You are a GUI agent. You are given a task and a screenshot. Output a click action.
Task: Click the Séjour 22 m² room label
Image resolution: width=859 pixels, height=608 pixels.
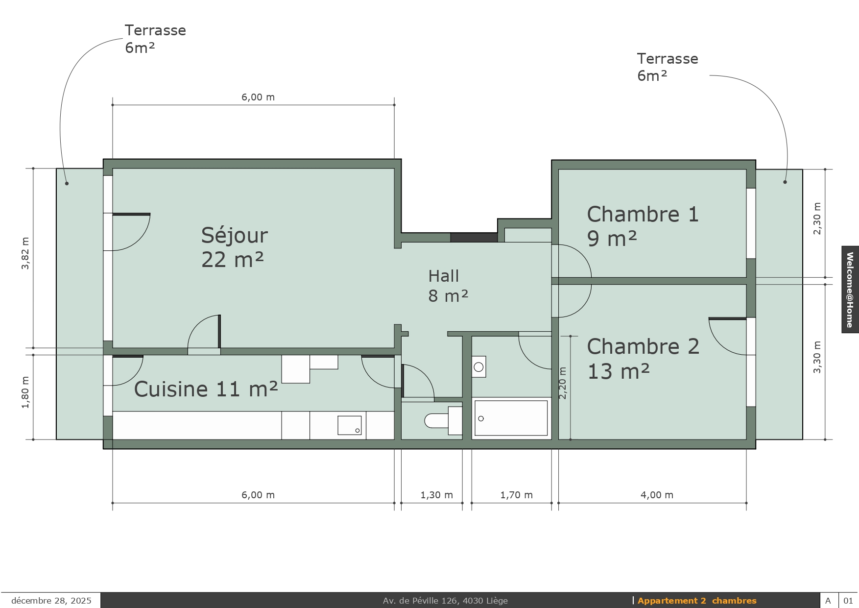tap(235, 247)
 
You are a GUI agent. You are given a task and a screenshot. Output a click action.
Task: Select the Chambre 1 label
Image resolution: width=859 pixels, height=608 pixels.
tap(643, 215)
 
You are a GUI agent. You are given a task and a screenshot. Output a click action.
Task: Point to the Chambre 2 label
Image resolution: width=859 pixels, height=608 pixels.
tap(643, 346)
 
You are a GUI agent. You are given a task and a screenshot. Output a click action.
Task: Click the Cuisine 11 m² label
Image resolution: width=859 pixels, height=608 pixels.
tap(206, 389)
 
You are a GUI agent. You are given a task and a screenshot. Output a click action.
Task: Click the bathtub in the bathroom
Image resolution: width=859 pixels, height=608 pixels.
tap(511, 418)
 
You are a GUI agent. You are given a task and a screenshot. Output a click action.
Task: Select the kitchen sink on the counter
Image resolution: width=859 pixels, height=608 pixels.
tap(350, 425)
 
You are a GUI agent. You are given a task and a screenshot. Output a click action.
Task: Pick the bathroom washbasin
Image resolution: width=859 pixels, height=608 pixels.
tap(479, 367)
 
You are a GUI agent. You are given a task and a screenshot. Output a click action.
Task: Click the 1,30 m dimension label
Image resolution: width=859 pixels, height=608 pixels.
tap(436, 495)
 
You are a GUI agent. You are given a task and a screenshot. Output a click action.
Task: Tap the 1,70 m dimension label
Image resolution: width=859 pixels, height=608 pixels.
tap(516, 495)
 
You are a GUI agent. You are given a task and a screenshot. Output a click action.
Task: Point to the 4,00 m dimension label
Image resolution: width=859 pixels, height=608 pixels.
tap(657, 495)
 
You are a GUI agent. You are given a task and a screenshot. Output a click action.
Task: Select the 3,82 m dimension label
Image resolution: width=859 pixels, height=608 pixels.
tap(25, 253)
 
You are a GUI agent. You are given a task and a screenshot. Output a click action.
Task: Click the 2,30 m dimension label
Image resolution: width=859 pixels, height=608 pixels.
tap(817, 219)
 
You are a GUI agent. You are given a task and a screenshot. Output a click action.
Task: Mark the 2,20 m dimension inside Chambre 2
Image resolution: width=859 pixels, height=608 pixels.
tap(562, 383)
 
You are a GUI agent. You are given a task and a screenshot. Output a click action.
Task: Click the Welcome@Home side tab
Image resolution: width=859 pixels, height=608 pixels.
tap(850, 290)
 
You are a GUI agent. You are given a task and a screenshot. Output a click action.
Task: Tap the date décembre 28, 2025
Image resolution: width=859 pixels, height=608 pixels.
tap(51, 601)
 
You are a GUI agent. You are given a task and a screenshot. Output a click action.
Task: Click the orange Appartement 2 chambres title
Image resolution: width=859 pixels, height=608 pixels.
tap(697, 601)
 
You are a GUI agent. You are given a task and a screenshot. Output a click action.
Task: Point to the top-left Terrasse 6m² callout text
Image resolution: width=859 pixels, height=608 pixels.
tap(155, 39)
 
